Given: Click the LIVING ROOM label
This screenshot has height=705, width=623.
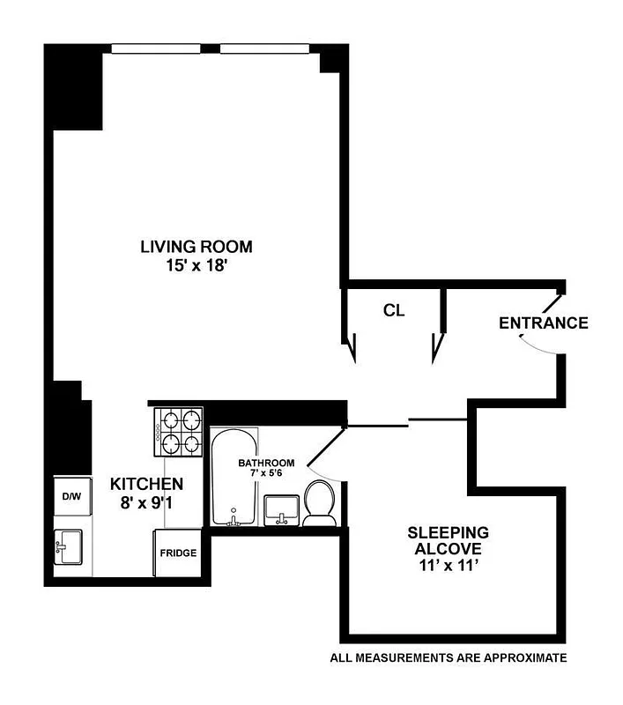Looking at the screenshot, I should pos(197,246).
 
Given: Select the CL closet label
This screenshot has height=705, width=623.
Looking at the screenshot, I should pos(394,310).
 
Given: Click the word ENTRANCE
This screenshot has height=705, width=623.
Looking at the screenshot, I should pos(543,323).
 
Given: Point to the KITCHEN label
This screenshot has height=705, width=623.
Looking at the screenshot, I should pos(146,484).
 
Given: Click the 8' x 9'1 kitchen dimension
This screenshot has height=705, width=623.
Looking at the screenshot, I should pos(146,503).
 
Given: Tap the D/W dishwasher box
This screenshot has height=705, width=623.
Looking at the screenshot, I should pos(71,497).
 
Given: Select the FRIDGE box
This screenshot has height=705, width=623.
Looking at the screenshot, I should pos(177,553).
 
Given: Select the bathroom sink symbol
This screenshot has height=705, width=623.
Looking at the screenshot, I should pos(282,509).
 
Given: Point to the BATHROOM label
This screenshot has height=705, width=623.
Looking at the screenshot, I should pos(266,463).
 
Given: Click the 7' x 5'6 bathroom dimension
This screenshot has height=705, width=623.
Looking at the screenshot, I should pos(266,474).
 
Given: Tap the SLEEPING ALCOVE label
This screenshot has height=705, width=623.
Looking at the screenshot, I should pos(448,540).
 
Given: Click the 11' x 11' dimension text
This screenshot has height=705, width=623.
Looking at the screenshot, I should pos(448,566).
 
